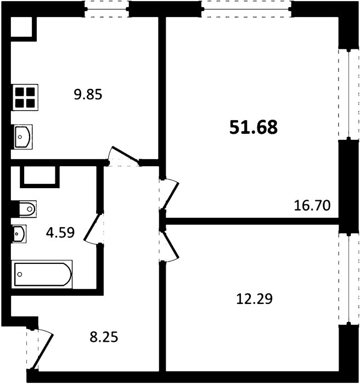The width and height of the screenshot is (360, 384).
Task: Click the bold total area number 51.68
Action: pyautogui.click(x=254, y=127)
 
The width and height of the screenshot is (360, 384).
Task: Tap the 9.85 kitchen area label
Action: pyautogui.click(x=88, y=94)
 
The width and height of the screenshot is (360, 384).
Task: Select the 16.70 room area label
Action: pyautogui.click(x=312, y=206)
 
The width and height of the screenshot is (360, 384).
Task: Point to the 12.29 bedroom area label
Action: pyautogui.click(x=255, y=299)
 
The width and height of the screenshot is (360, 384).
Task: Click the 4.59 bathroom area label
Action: pyautogui.click(x=60, y=233)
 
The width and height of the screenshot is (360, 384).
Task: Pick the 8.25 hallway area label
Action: pyautogui.click(x=104, y=337)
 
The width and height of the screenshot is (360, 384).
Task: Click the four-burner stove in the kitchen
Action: pyautogui.click(x=25, y=98)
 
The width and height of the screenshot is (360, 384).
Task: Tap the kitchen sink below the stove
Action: pyautogui.click(x=22, y=137)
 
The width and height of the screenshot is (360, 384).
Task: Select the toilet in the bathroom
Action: pyautogui.click(x=27, y=209)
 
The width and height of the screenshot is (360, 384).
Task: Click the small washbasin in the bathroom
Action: pyautogui.click(x=19, y=234)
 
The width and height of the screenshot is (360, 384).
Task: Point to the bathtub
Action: pyautogui.click(x=42, y=274)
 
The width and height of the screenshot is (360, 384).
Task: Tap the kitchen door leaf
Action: pyautogui.click(x=125, y=155)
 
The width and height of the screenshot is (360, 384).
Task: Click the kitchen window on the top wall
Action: pyautogui.click(x=107, y=9)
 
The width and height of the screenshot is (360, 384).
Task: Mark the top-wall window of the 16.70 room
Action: pyautogui.click(x=247, y=9)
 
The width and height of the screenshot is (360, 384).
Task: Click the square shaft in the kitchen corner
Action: pyautogui.click(x=21, y=27)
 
